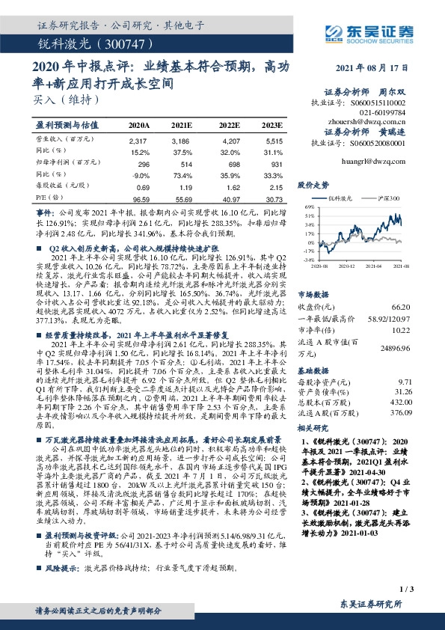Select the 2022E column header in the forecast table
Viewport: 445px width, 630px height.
click(230, 124)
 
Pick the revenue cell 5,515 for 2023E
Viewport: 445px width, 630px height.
click(274, 141)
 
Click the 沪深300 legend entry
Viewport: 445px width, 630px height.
click(387, 198)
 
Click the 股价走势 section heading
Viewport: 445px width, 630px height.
click(313, 183)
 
